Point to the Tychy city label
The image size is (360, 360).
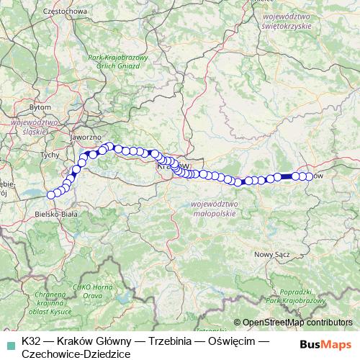pyautogui.click(x=50, y=154)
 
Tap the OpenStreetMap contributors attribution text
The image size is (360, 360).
pyautogui.click(x=297, y=322)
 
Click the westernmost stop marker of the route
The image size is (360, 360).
pyautogui.click(x=51, y=194)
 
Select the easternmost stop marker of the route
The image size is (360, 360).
pyautogui.click(x=309, y=176)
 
